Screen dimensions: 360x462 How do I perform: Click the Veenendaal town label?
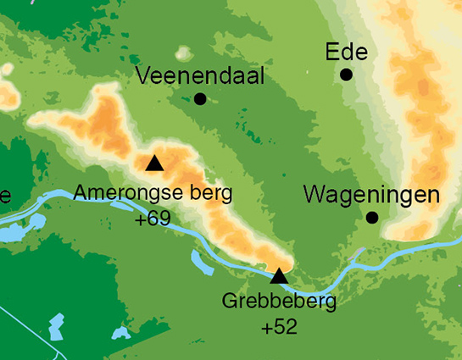pyautogui.click(x=200, y=77)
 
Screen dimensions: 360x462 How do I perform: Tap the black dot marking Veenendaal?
pyautogui.click(x=200, y=99)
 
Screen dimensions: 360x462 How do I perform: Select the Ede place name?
pyautogui.click(x=346, y=53)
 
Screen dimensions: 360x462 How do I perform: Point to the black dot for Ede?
pyautogui.click(x=346, y=75)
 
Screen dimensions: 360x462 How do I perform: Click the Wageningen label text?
pyautogui.click(x=371, y=196)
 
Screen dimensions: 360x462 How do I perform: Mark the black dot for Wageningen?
pyautogui.click(x=371, y=218)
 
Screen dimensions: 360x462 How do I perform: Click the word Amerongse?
pyautogui.click(x=124, y=194)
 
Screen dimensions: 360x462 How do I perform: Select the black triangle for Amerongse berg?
pyautogui.click(x=153, y=163)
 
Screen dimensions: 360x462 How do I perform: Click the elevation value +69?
pyautogui.click(x=153, y=219)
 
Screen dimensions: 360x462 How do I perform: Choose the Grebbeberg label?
pyautogui.click(x=279, y=302)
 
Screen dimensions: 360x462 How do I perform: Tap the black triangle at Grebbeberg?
pyautogui.click(x=279, y=275)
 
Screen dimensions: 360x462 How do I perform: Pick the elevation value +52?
pyautogui.click(x=280, y=326)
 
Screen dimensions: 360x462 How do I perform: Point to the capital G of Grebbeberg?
pyautogui.click(x=229, y=301)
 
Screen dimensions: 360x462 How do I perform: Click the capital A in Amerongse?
pyautogui.click(x=81, y=193)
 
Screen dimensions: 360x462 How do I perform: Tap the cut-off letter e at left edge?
pyautogui.click(x=4, y=197)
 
